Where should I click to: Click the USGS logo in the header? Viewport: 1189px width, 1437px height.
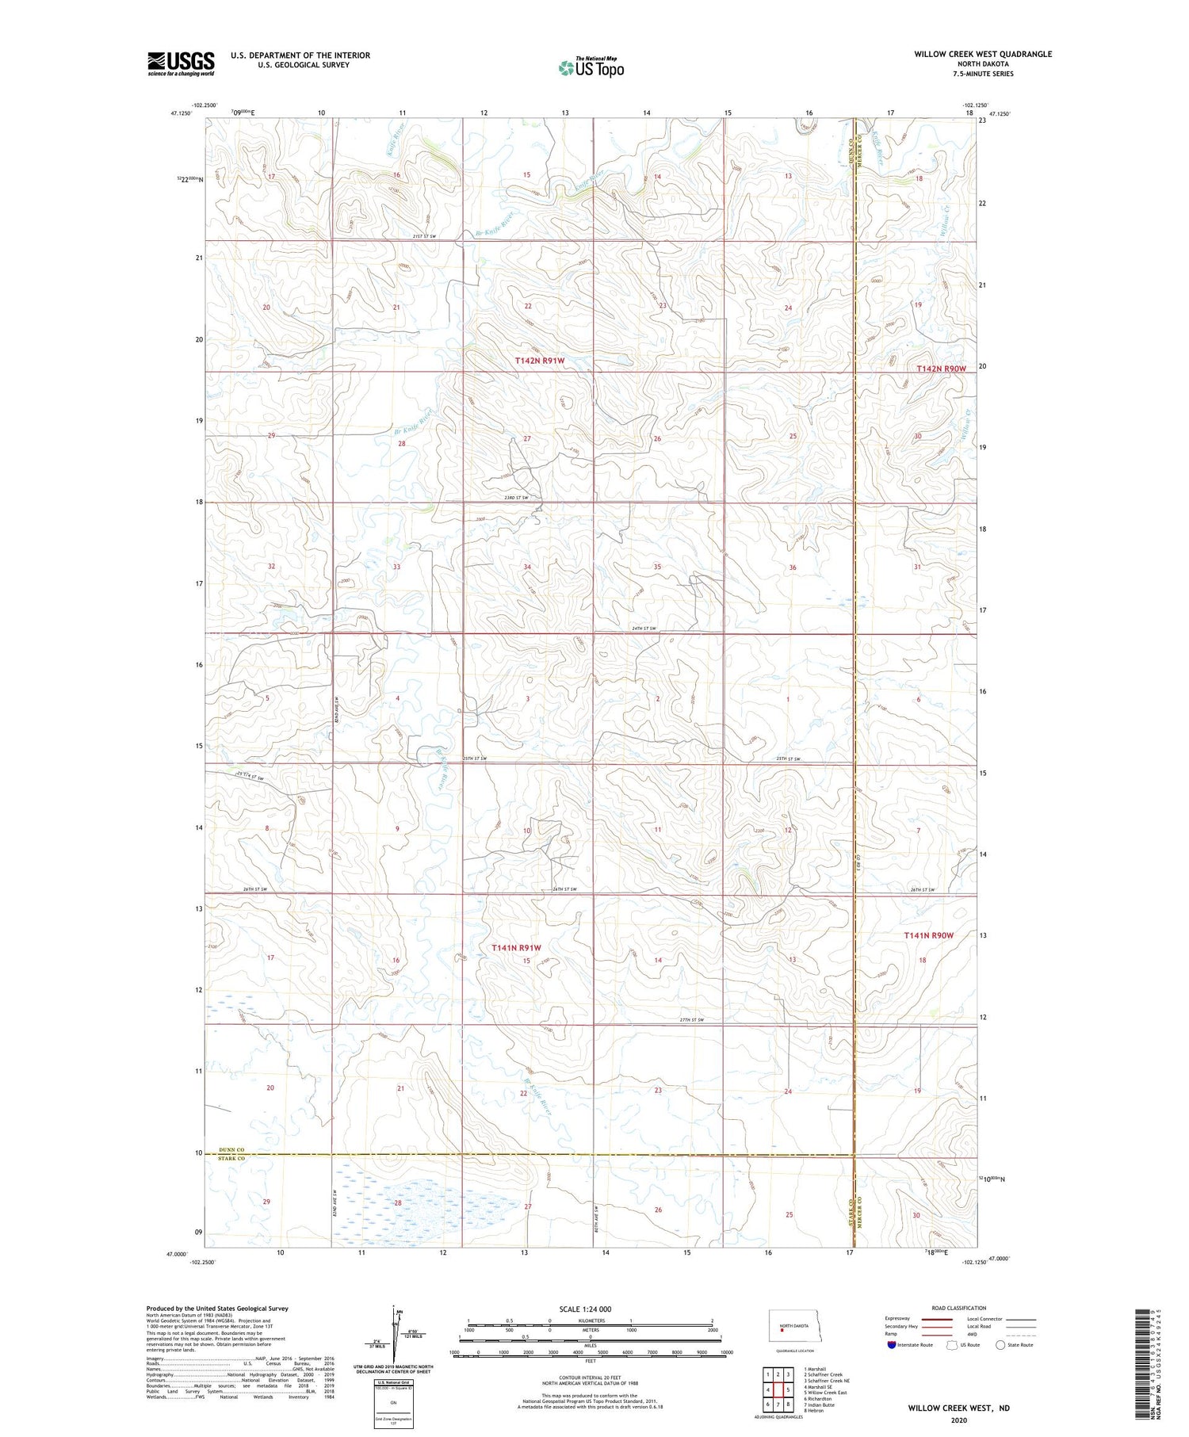[x=181, y=63]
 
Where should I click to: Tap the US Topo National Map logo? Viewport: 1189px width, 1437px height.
[x=591, y=67]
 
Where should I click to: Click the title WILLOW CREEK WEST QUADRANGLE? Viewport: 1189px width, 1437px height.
[x=983, y=54]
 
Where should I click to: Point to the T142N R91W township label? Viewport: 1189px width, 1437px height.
[x=540, y=361]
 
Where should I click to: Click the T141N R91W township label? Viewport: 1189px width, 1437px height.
[x=515, y=948]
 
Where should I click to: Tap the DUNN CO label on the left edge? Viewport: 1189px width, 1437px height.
[x=223, y=1148]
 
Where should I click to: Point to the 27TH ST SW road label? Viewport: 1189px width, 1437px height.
[x=692, y=1019]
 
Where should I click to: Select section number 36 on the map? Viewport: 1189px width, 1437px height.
[x=792, y=568]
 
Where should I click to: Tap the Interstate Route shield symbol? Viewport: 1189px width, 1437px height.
[x=892, y=1345]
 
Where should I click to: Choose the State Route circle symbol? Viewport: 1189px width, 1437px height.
[x=1000, y=1345]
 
